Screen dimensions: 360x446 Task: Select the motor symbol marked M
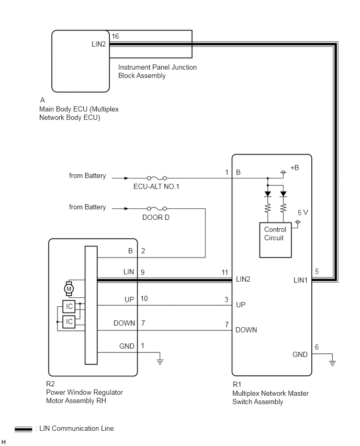pos(69,289)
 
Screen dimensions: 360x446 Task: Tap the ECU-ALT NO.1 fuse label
pos(156,186)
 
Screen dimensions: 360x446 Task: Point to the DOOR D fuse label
pos(156,218)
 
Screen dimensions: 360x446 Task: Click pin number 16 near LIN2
pos(115,37)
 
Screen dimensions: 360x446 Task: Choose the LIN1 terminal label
pos(300,281)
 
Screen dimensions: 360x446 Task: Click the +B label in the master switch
pos(295,168)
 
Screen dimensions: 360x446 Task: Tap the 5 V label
pos(303,213)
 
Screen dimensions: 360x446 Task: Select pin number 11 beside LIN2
pos(224,273)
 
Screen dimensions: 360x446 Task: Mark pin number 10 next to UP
pos(144,298)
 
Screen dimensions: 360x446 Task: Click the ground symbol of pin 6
pos(332,363)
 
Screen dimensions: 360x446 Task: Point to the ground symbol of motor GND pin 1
pos(160,362)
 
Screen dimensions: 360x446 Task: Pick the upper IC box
pos(69,306)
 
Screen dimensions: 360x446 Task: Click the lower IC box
pos(69,322)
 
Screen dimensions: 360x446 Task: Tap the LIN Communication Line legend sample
pos(24,429)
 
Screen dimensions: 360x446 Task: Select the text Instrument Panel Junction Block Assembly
pos(157,71)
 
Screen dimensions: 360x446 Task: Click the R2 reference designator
pos(50,384)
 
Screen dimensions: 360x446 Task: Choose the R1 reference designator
pos(237,385)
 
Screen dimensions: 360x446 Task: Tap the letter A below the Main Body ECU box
pos(42,100)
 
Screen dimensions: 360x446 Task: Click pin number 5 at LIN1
pos(317,271)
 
